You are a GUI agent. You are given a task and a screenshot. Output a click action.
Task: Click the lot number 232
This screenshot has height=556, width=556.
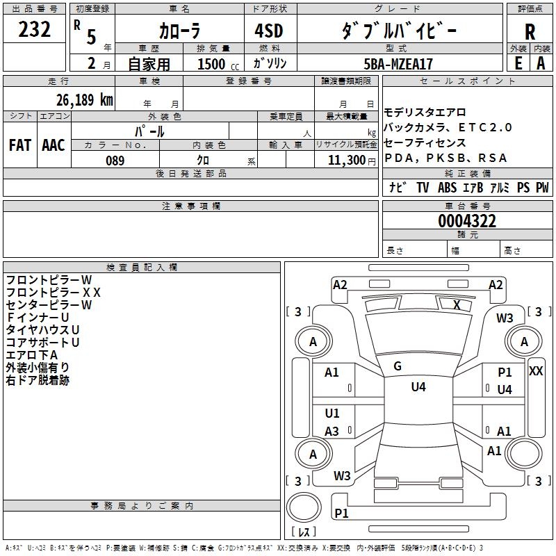tap(35, 30)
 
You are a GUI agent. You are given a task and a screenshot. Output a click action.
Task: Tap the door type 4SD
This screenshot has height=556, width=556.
tap(269, 31)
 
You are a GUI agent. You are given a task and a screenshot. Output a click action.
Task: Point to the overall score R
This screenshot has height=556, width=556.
tap(530, 31)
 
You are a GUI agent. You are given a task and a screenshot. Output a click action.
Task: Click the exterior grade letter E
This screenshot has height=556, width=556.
tap(518, 63)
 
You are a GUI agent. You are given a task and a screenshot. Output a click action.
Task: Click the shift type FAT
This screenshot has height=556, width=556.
tap(20, 145)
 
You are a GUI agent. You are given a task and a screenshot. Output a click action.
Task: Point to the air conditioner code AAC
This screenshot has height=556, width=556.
tap(54, 145)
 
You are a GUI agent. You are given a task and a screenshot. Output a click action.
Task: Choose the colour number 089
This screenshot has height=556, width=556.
tap(115, 161)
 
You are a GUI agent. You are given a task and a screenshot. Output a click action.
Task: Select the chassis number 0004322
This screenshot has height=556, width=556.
tap(467, 221)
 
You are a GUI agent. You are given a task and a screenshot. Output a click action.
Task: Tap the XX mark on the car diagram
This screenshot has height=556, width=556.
tap(536, 371)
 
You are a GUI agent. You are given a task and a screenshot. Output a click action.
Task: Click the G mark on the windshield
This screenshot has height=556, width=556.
tap(398, 366)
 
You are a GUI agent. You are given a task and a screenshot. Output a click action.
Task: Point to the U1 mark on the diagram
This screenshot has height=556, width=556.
tap(332, 414)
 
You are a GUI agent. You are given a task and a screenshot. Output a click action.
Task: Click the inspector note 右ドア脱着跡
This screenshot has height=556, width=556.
tap(38, 380)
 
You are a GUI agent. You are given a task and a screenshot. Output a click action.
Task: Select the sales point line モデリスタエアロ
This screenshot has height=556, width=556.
tap(425, 112)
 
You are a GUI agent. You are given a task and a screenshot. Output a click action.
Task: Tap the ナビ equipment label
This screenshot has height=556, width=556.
tap(398, 188)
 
